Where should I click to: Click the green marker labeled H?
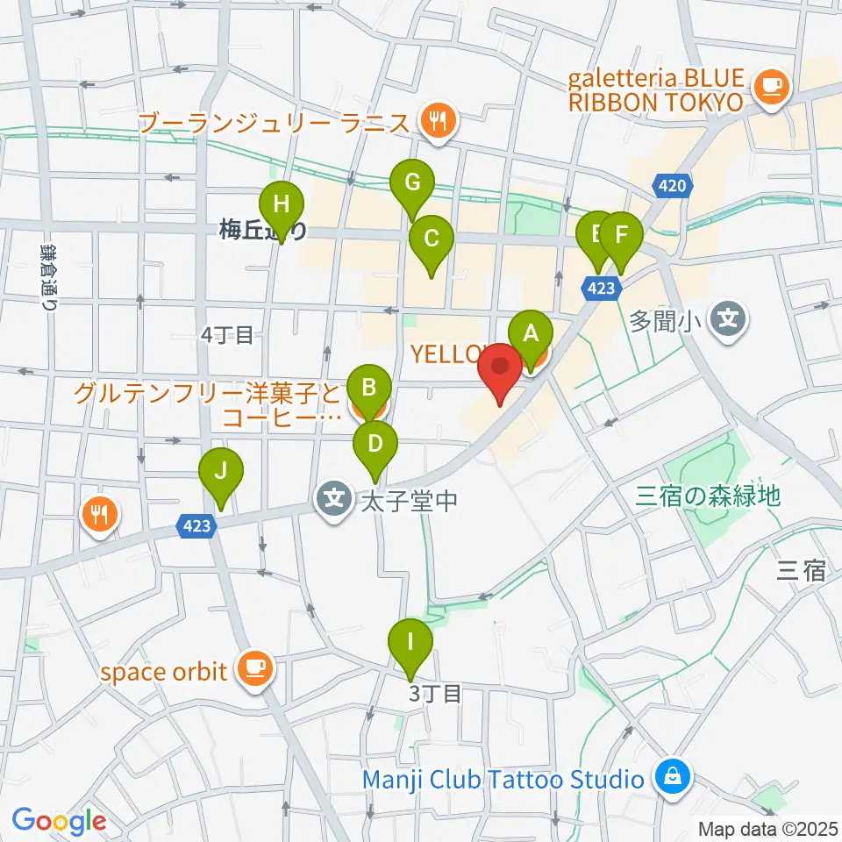click(x=281, y=205)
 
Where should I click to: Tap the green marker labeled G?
click(x=412, y=182)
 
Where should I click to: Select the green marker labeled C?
click(x=431, y=238)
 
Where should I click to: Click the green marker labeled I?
click(x=410, y=642)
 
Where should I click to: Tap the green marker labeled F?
click(x=621, y=235)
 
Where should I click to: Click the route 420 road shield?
click(x=672, y=185)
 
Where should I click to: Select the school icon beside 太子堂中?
click(x=333, y=501)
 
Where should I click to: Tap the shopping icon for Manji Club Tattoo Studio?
click(x=672, y=778)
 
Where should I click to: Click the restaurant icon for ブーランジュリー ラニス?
click(x=436, y=120)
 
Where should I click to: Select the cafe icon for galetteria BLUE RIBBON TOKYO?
click(x=771, y=85)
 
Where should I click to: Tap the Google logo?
click(x=59, y=822)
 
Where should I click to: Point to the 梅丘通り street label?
click(x=262, y=231)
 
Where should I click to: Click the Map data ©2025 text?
click(x=768, y=828)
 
